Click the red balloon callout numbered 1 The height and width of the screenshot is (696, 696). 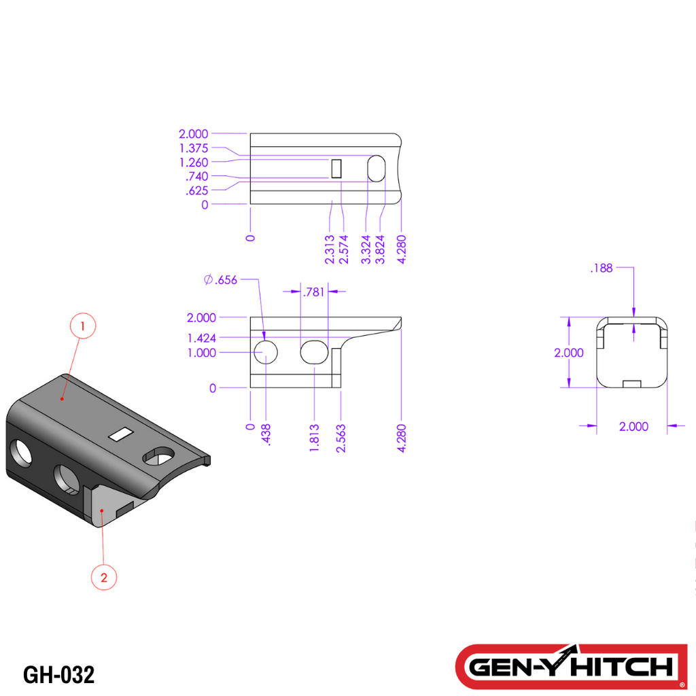(x=83, y=326)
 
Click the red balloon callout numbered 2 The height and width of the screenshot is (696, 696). (x=104, y=578)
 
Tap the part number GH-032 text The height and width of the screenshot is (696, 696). (x=58, y=675)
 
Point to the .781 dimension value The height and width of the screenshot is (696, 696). (x=313, y=292)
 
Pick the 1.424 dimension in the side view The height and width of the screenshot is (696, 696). (x=203, y=338)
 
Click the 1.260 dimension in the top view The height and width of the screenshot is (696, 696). (x=194, y=162)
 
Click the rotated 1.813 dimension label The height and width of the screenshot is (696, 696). (x=314, y=438)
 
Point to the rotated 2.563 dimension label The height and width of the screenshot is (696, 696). (x=341, y=438)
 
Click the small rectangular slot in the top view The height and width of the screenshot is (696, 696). (x=336, y=168)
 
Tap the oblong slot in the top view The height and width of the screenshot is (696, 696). (x=376, y=168)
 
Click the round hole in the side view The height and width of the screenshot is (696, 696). (x=266, y=352)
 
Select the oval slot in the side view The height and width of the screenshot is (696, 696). (x=314, y=352)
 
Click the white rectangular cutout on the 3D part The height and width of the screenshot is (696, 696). (x=122, y=434)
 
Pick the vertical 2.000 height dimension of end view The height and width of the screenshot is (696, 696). (x=568, y=353)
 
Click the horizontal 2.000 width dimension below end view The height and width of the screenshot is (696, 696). (x=633, y=426)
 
